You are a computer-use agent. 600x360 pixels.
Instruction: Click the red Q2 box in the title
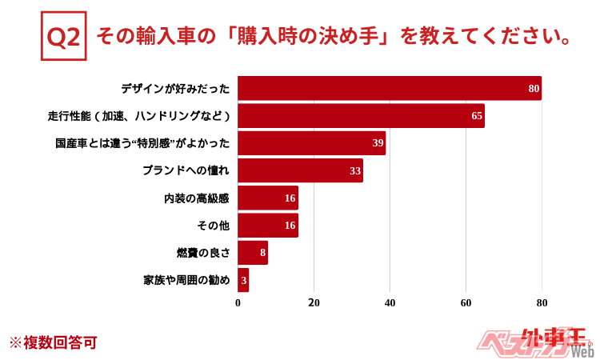click(64, 38)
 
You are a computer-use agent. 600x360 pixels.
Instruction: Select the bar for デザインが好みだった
click(390, 88)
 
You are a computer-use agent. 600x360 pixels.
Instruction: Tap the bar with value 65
click(361, 116)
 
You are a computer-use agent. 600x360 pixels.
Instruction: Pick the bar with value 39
click(312, 143)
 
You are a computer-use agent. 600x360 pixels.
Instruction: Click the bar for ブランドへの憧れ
click(300, 170)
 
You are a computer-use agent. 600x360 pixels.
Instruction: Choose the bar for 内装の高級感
click(268, 198)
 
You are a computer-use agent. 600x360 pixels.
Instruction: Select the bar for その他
click(268, 226)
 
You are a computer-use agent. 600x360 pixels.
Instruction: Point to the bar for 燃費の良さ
click(253, 253)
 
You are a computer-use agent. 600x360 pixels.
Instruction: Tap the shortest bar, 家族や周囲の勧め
click(243, 280)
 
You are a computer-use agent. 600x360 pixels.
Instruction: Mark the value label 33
click(355, 170)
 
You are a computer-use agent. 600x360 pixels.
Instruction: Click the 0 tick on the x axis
click(238, 303)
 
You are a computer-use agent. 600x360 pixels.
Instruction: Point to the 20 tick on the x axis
click(314, 303)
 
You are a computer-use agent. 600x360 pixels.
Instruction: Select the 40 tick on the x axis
click(390, 303)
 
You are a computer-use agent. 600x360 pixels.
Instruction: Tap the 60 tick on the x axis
click(466, 303)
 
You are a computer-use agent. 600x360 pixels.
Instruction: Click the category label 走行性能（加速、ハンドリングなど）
click(139, 116)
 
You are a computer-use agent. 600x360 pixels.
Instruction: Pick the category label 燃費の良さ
click(203, 253)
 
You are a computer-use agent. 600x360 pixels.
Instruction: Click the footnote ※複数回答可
click(53, 342)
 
